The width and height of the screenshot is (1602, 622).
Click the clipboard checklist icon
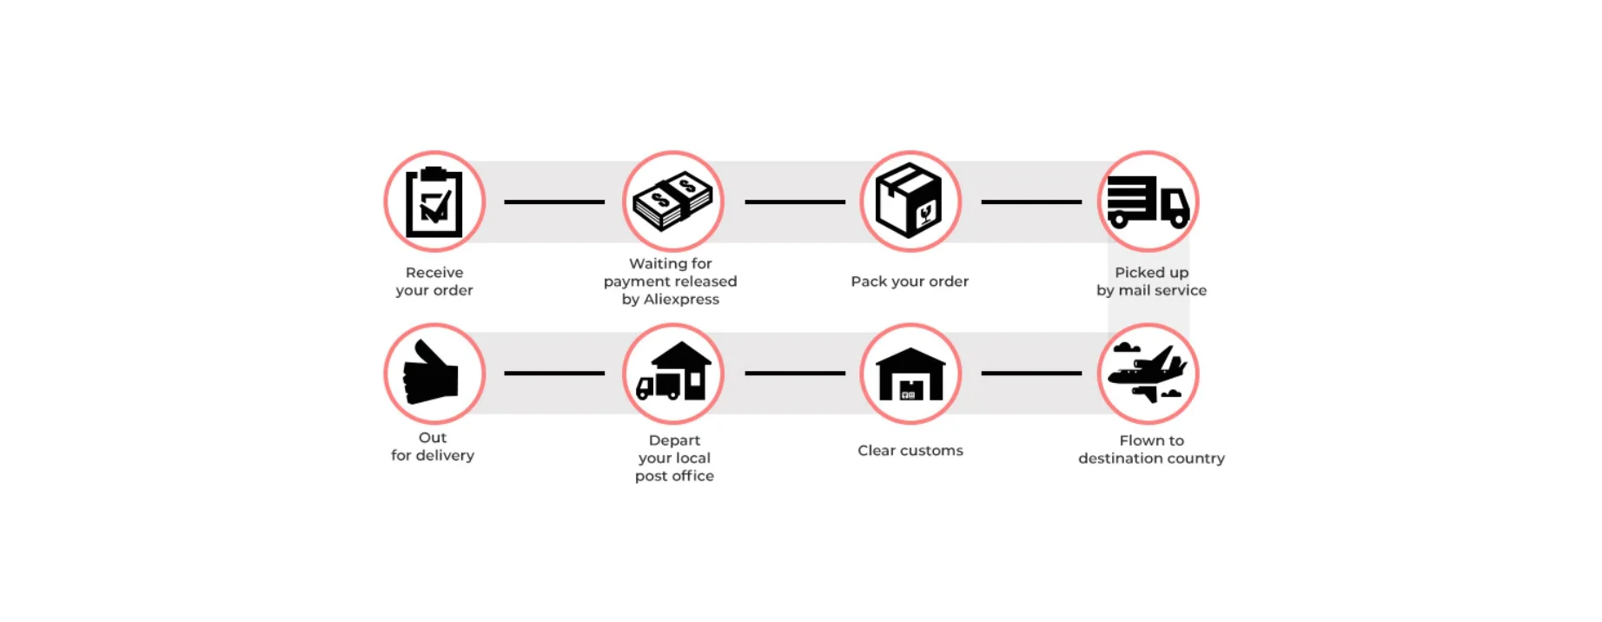[x=434, y=202]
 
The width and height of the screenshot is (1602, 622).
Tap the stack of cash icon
[x=672, y=202]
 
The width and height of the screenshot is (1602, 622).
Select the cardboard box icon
[x=910, y=202]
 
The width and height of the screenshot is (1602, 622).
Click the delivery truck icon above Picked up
[x=1148, y=202]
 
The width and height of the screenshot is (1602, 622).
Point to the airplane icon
[x=1148, y=374]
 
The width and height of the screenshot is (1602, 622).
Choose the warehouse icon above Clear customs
[x=910, y=374]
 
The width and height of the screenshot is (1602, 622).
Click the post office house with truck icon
[x=672, y=374]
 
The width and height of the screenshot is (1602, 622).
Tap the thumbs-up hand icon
[x=433, y=374]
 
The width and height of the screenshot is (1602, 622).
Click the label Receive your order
[x=434, y=281]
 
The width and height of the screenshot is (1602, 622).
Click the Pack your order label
[x=910, y=281]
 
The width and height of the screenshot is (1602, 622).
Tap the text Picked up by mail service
[x=1151, y=281]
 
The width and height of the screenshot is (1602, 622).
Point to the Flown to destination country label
[x=1151, y=449]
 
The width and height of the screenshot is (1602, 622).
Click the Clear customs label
[x=910, y=451]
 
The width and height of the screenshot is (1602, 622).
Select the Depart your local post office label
[x=674, y=458]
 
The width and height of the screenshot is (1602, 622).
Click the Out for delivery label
[x=433, y=447]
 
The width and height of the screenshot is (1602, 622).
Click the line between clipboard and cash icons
[x=554, y=202]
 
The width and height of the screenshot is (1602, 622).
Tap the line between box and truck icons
[x=1031, y=202]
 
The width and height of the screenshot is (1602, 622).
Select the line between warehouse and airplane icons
[x=1031, y=374]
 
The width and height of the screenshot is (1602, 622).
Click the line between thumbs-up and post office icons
[x=554, y=374]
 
